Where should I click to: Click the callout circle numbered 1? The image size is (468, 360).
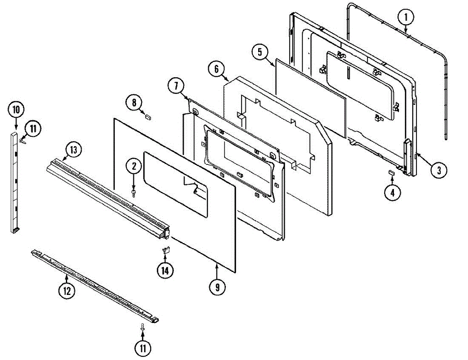click(x=406, y=17)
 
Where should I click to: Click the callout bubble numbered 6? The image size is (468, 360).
click(x=216, y=69)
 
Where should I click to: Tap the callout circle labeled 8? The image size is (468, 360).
click(x=133, y=103)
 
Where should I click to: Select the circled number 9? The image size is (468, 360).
click(x=217, y=288)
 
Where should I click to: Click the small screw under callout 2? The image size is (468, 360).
click(x=134, y=193)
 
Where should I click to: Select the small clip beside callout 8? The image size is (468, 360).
click(x=148, y=116)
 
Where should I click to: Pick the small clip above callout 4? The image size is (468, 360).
click(x=391, y=172)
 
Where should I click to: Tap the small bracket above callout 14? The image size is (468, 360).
click(x=165, y=249)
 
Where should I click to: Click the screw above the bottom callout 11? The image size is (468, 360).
click(x=143, y=327)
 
